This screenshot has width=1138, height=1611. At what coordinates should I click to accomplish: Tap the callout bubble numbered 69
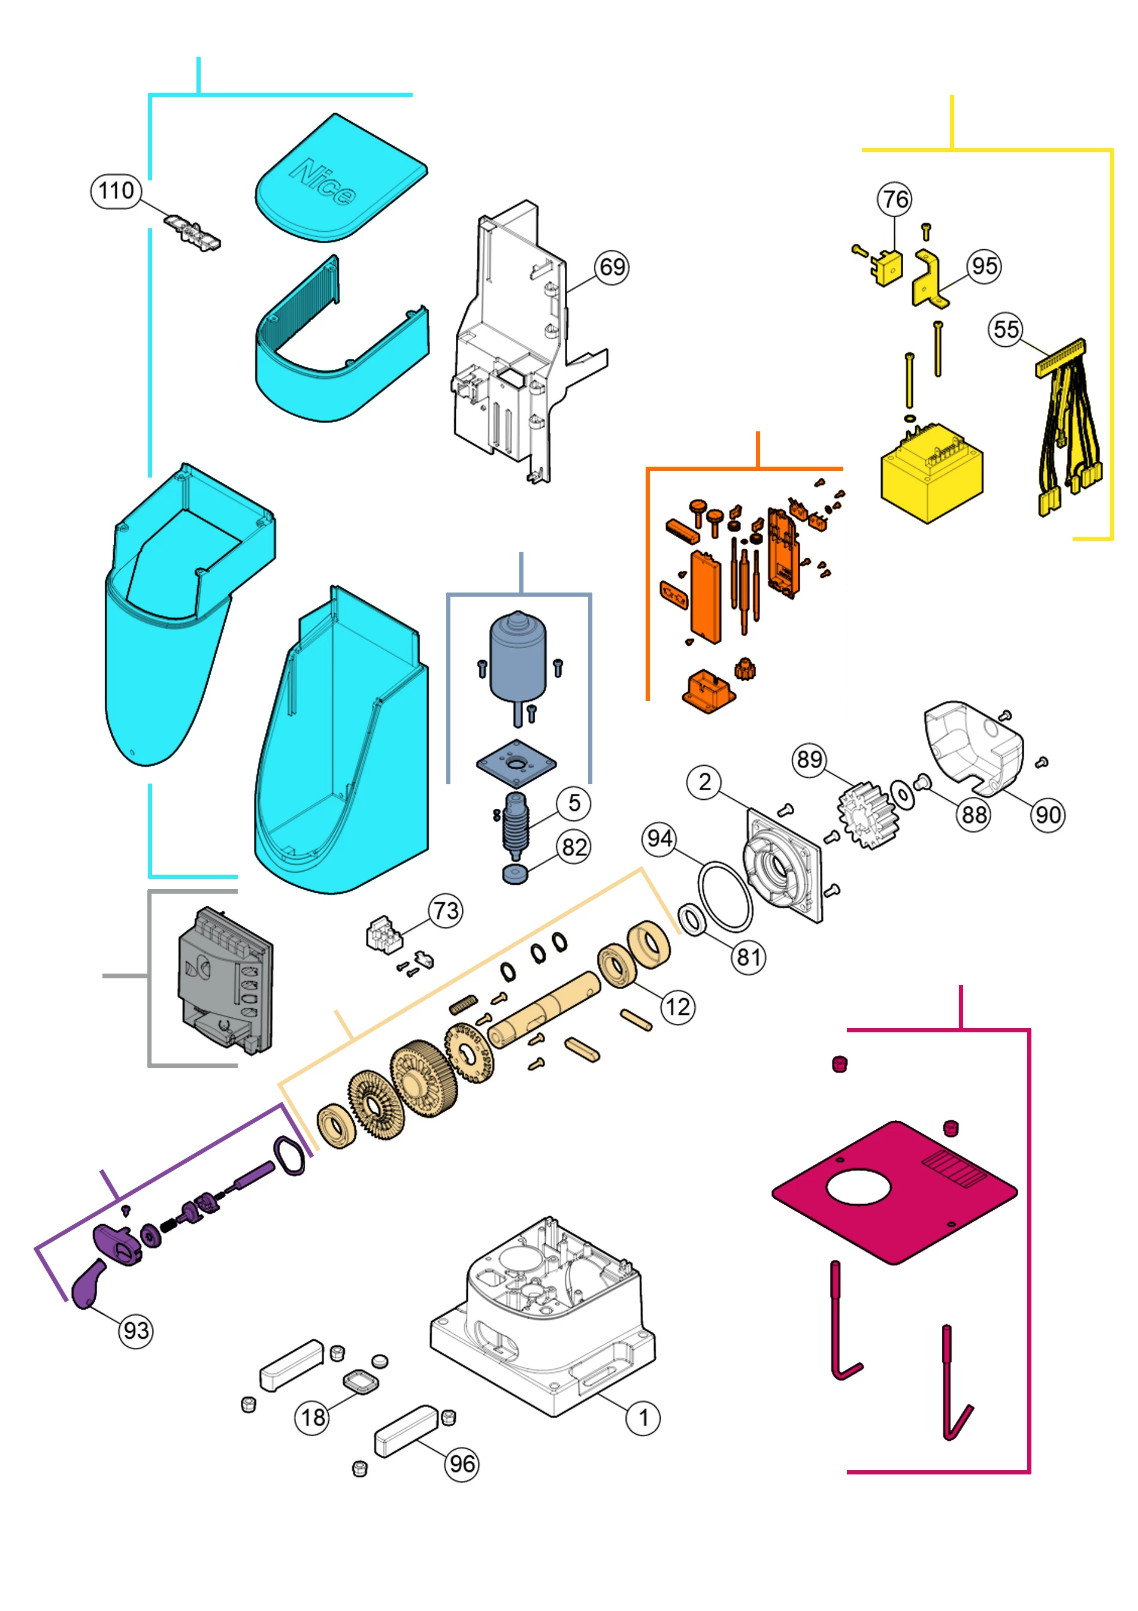point(612,267)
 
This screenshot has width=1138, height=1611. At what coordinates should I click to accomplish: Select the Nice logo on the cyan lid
point(323,182)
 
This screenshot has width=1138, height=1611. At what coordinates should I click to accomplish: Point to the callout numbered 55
point(1006,329)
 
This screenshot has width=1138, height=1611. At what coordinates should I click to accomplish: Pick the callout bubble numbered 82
point(574,848)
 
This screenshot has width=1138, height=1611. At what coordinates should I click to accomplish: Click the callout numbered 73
point(446,911)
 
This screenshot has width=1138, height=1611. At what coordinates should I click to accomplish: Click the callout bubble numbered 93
point(135,1331)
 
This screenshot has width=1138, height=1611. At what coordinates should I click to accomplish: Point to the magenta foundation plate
point(895,1193)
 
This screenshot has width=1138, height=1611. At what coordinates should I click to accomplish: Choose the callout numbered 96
point(462,1464)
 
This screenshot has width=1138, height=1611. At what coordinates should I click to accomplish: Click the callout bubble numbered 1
point(643,1418)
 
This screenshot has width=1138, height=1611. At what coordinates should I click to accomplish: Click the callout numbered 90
point(1048,815)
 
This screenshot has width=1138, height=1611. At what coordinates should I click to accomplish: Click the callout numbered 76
point(895,200)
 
